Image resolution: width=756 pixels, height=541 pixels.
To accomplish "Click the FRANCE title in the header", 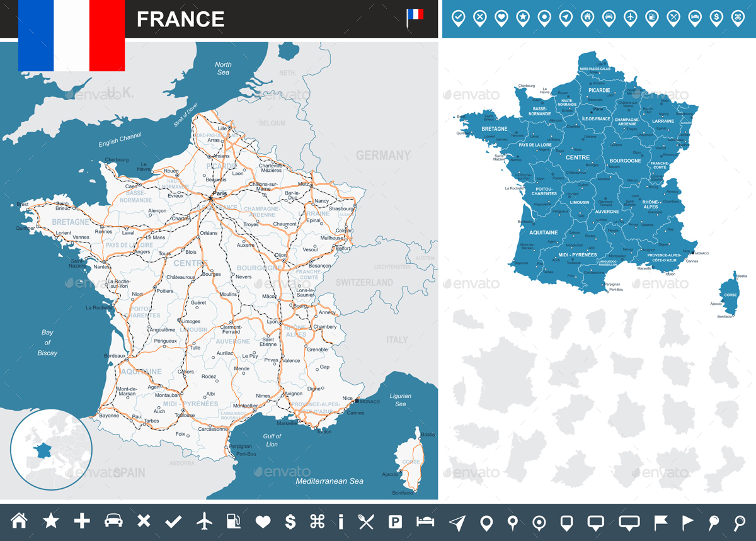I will coord(180,20).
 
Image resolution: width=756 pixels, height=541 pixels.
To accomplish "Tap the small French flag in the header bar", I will coord(415,16).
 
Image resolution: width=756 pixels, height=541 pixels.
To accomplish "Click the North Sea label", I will coord(223,69).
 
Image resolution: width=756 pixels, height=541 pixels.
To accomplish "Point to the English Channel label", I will coord(120,140).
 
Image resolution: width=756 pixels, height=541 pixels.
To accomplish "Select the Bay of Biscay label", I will coord(47,343).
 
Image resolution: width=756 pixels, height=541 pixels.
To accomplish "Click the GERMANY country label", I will coord(383,155).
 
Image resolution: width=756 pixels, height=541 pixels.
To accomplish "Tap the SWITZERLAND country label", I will coord(364,283).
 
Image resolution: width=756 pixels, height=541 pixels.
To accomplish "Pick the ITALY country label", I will coord(397,340).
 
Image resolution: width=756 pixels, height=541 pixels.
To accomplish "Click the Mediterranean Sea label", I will coord(329,481).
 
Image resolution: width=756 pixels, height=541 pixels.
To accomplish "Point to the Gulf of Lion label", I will coord(272,440).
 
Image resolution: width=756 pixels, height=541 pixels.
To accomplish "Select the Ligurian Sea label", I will coord(400,400).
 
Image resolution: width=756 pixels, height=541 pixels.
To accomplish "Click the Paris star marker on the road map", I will coord(210,199).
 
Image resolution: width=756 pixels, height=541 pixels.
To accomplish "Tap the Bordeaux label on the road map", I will coord(115,356).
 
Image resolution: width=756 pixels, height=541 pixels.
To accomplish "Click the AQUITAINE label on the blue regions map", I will coord(543,232).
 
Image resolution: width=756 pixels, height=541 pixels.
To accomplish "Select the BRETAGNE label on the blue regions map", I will coord(495,128).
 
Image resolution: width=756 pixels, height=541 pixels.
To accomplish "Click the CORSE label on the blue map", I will coord(730,295).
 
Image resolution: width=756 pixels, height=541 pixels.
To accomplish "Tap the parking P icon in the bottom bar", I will coord(395,521).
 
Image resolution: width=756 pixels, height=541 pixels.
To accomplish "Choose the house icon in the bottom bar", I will coord(20,521).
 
